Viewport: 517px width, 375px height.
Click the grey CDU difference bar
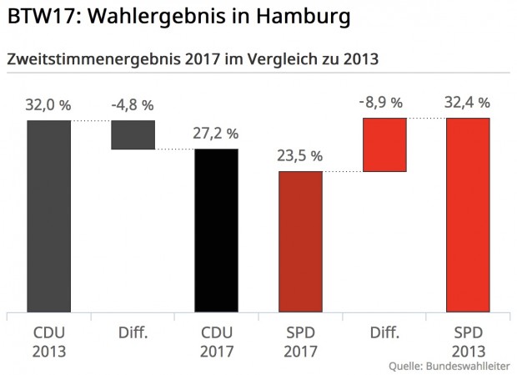point(133,134)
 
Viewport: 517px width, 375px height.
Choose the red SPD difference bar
point(384,144)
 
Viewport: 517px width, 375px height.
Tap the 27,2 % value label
point(216,134)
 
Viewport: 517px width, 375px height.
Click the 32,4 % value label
point(468,103)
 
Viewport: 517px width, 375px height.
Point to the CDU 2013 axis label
point(48,342)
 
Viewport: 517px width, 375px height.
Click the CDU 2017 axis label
point(216,342)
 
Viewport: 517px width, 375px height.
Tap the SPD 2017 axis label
point(300,342)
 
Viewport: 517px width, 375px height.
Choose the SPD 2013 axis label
point(468,342)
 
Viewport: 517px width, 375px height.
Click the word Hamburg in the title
point(296,17)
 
